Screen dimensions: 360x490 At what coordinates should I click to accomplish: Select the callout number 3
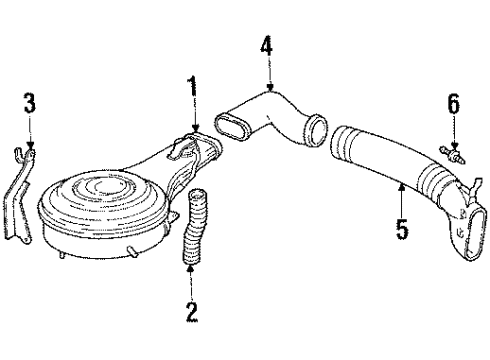tap(31, 103)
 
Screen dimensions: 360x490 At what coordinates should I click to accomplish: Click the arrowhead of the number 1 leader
tap(193, 129)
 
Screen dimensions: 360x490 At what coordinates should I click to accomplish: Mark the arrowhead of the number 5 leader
tap(402, 182)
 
